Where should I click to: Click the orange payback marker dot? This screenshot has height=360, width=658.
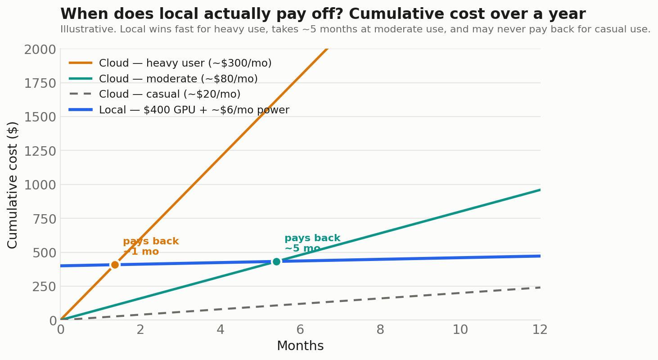(x=115, y=265)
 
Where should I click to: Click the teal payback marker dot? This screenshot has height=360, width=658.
(x=276, y=261)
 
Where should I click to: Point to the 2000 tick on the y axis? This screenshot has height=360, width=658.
(x=40, y=49)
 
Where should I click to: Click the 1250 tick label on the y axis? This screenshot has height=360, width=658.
(x=40, y=152)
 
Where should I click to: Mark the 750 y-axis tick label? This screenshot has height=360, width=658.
(x=44, y=219)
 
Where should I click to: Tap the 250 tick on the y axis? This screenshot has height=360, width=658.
(x=44, y=287)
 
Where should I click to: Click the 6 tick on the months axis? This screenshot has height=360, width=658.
(x=300, y=330)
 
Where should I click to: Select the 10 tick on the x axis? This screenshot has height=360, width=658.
(x=460, y=330)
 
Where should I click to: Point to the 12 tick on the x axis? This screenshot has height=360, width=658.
(x=540, y=330)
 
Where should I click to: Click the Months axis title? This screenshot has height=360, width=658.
(x=300, y=346)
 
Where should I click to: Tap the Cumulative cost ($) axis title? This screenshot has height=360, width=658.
(x=12, y=185)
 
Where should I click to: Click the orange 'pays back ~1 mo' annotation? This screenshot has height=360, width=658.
(x=151, y=246)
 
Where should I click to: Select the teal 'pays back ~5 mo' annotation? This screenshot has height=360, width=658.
(x=312, y=243)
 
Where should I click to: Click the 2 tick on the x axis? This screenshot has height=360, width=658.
(x=140, y=330)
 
